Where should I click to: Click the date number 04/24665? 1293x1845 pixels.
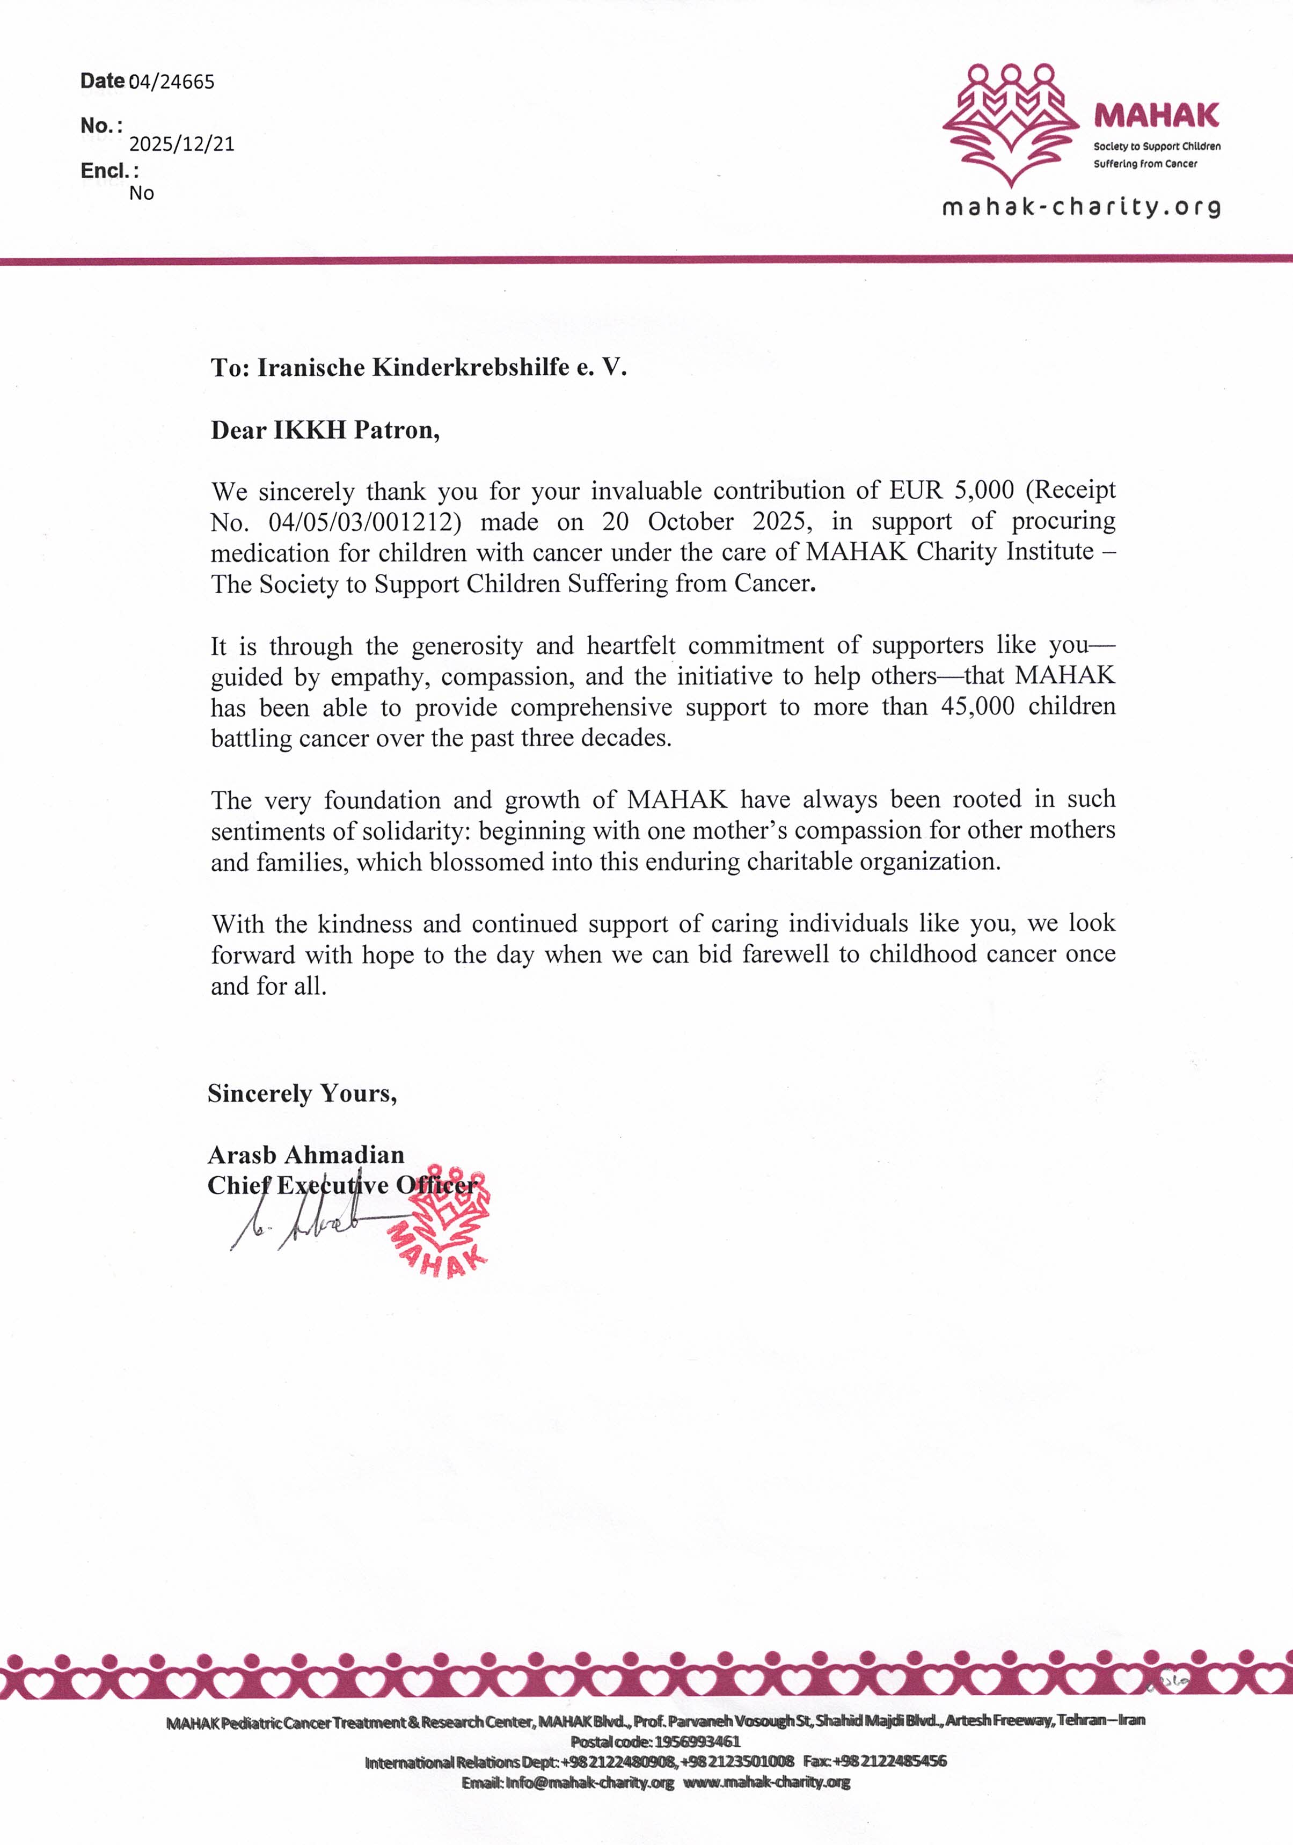coord(171,82)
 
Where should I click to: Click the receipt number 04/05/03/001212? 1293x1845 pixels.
coord(365,522)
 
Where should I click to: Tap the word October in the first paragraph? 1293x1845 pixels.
coord(690,522)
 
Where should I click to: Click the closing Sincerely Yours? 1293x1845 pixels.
coord(302,1093)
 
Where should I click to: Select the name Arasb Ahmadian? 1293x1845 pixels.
coord(305,1155)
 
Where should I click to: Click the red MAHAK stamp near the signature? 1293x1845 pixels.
coord(443,1221)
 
